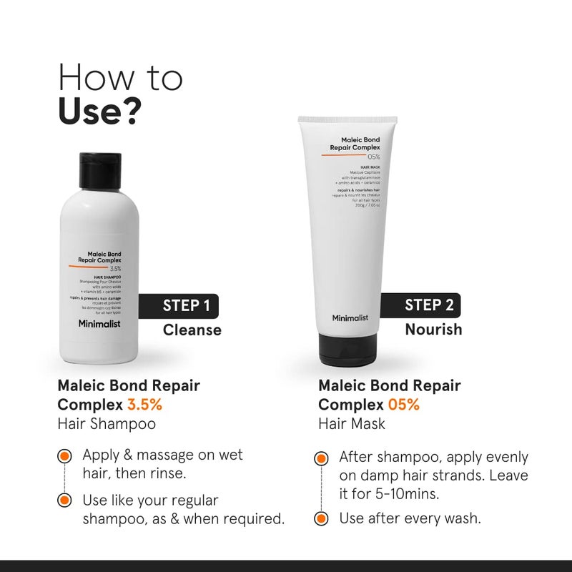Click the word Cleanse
tap(192, 330)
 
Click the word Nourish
tap(433, 329)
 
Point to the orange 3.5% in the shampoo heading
tap(144, 404)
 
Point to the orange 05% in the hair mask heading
tap(405, 404)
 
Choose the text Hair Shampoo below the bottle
tap(107, 423)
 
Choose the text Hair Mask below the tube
tap(352, 423)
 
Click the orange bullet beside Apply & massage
tap(64, 455)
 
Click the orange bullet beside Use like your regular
tap(64, 500)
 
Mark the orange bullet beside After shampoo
tap(322, 457)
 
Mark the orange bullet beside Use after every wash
tap(322, 518)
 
